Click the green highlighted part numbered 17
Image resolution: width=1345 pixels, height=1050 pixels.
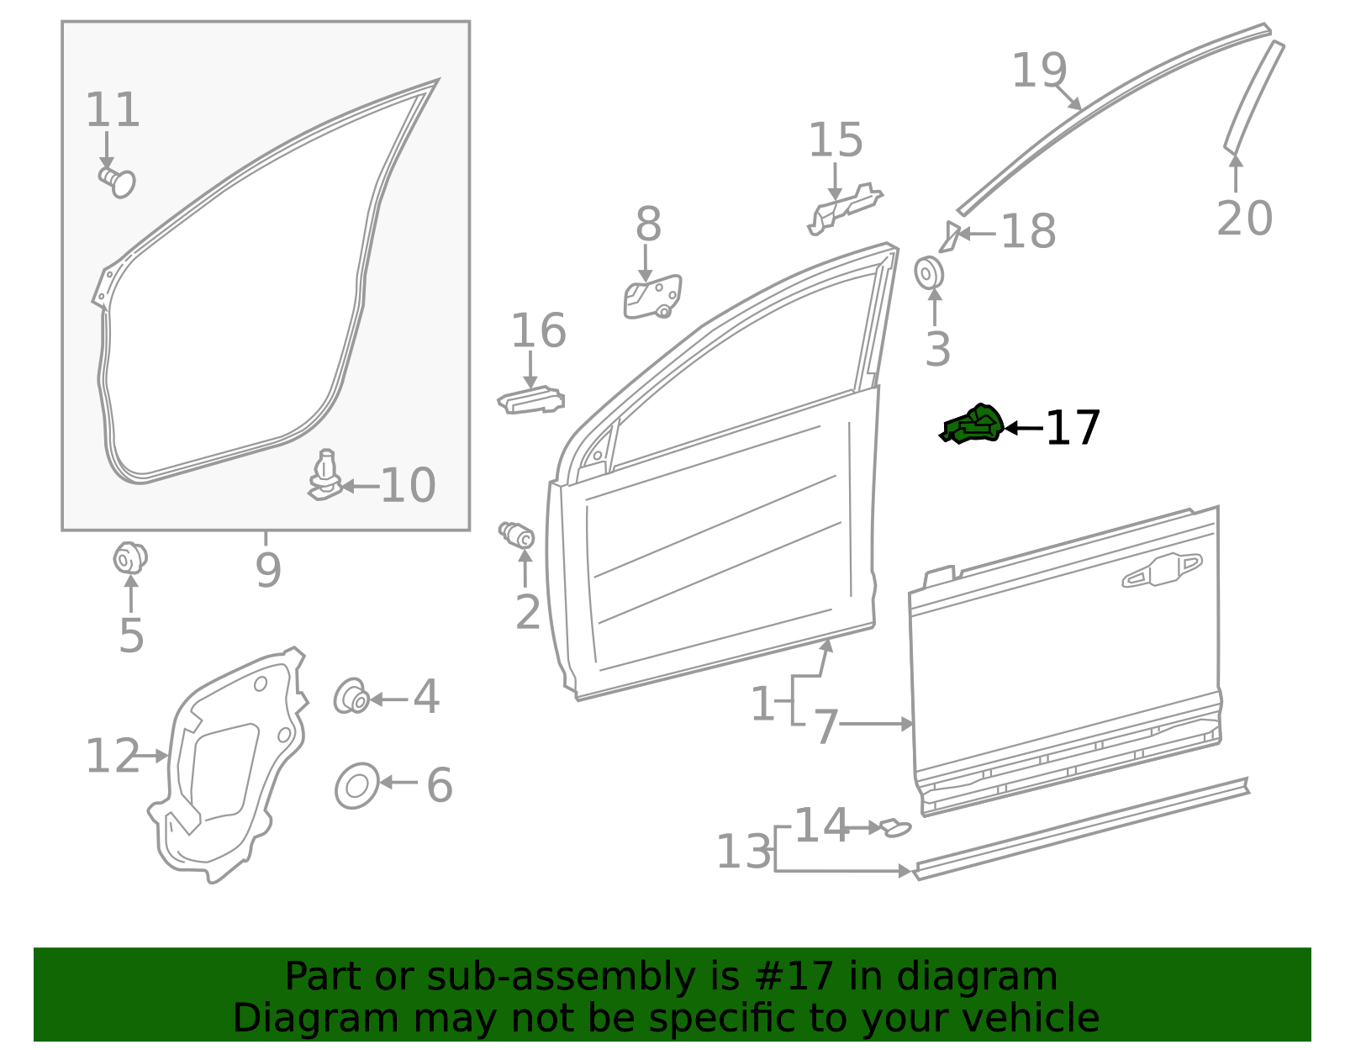973,425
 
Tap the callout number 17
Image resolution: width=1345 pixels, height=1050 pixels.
1073,429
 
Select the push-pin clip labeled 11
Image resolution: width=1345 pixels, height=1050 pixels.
118,181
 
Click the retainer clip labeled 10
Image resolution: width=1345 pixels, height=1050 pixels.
325,477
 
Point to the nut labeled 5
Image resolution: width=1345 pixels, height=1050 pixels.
129,557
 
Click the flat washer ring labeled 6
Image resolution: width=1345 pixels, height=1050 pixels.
356,786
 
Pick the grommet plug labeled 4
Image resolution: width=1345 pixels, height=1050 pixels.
351,696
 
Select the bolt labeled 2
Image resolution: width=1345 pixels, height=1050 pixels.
517,534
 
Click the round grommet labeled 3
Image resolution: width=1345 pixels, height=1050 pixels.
929,273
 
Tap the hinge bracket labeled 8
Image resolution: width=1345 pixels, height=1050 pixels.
652,297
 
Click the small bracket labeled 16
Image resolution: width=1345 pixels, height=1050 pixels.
531,400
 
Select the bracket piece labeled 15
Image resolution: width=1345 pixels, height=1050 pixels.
843,208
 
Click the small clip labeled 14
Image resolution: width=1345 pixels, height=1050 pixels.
894,828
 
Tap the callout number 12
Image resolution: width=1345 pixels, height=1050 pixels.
113,756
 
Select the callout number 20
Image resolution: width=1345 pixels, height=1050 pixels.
1244,219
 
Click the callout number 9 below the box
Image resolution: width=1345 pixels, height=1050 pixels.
267,570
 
